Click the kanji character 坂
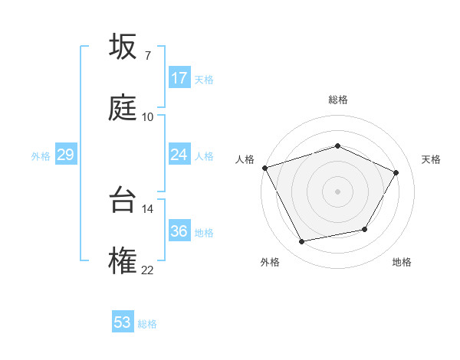click(x=122, y=45)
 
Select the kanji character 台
click(x=122, y=198)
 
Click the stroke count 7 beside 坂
click(x=147, y=55)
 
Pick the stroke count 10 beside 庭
click(x=147, y=116)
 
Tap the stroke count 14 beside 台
click(x=147, y=208)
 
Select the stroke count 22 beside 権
click(x=147, y=270)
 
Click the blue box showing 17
click(x=179, y=78)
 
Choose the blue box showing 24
click(x=179, y=155)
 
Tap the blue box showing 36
click(x=179, y=231)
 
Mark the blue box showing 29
click(x=65, y=155)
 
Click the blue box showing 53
click(x=123, y=322)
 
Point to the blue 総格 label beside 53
click(x=147, y=324)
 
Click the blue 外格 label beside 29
click(x=41, y=156)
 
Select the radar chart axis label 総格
click(x=337, y=100)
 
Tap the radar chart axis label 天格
click(x=431, y=159)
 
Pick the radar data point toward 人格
click(x=264, y=168)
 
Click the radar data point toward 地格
click(x=365, y=229)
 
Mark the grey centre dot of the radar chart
click(x=337, y=191)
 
